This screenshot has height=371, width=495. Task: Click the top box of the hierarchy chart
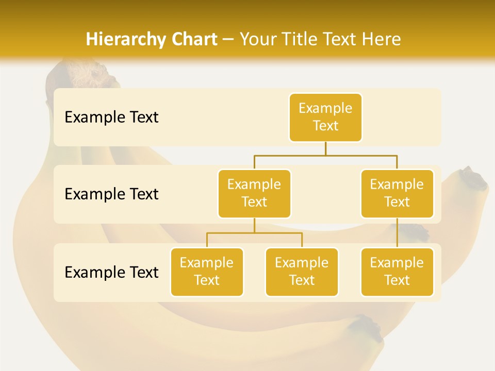point(325,117)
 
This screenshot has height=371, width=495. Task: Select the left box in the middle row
point(254,194)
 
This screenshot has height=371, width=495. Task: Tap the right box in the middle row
point(397,194)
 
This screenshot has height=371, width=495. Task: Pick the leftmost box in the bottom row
point(207,272)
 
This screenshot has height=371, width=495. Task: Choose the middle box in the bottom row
point(302,272)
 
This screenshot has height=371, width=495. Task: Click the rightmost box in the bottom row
point(397,272)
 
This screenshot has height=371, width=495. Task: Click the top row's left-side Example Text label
point(111,117)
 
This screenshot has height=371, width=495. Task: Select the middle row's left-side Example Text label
point(111,194)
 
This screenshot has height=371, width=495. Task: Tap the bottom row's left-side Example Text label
point(111,273)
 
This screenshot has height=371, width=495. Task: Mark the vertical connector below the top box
point(325,148)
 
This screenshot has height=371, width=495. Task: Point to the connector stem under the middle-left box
point(254,226)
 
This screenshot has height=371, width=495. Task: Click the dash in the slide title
point(228,40)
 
